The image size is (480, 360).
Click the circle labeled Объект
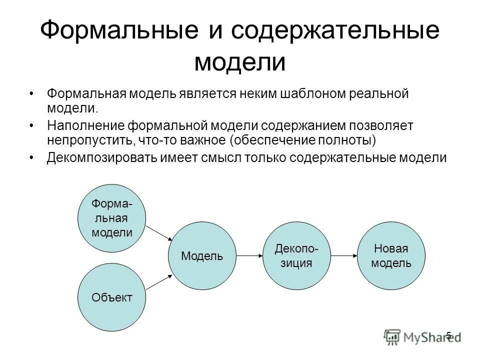[111, 297]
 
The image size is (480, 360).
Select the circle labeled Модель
[202, 256]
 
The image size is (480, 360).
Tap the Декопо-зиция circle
[297, 256]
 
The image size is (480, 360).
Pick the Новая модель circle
[391, 256]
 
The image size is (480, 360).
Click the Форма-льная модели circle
[111, 218]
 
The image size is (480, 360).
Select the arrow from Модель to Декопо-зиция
[249, 256]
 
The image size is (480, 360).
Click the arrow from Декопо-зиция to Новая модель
[344, 256]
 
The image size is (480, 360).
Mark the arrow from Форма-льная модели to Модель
[158, 232]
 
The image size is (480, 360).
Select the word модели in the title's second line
[240, 63]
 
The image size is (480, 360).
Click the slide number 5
[448, 335]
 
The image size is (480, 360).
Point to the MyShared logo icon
[392, 336]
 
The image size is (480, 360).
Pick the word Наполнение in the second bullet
[85, 125]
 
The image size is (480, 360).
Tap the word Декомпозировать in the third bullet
[102, 157]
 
